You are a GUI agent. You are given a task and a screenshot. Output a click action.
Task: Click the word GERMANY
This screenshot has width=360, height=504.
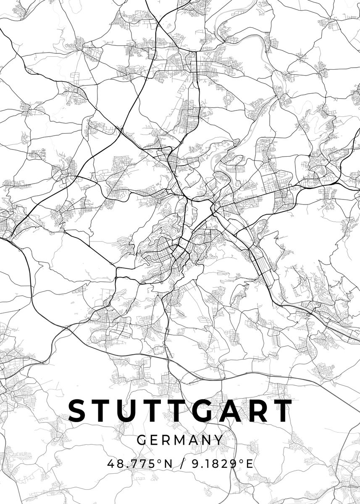tap(180, 440)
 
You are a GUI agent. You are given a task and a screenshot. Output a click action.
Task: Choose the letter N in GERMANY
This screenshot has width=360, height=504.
tap(207, 440)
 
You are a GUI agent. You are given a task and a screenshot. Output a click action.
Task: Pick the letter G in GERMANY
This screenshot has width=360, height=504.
tap(141, 440)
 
